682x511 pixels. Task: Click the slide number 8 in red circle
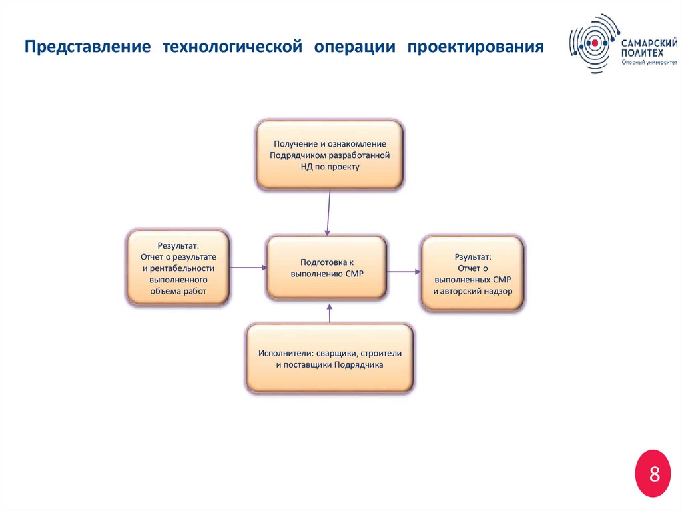click(x=654, y=474)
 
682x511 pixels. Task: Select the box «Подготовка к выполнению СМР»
click(x=326, y=267)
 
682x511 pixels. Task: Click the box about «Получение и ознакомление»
click(x=329, y=155)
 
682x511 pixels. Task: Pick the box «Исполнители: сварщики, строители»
click(x=330, y=358)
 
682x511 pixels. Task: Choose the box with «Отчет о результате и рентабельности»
click(x=178, y=268)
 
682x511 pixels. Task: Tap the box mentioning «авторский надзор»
click(x=472, y=273)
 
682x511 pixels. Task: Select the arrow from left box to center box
click(x=248, y=268)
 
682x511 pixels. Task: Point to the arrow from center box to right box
click(x=403, y=271)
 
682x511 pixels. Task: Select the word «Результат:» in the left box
click(x=178, y=245)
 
